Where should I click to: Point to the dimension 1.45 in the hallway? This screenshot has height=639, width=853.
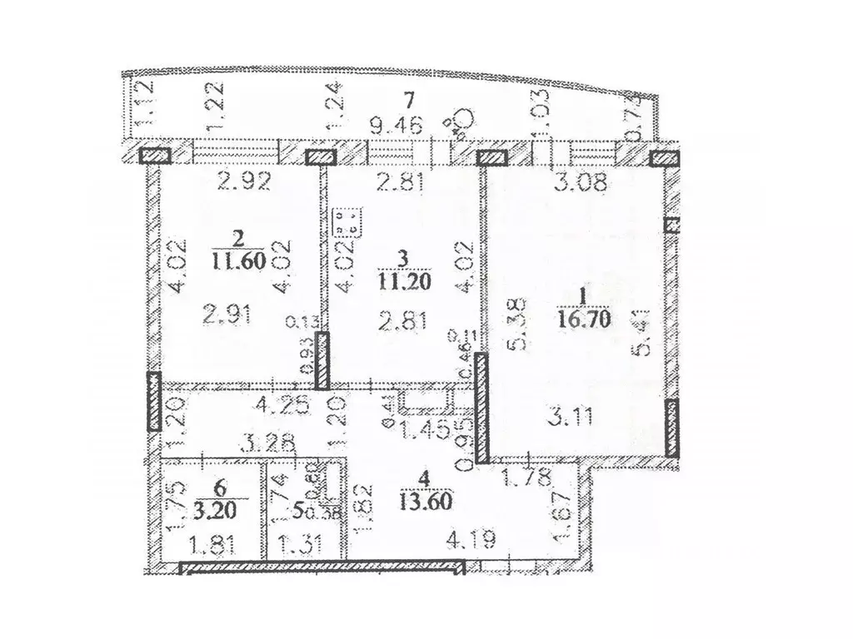tap(423, 430)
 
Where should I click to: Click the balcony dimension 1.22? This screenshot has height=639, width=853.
tap(193, 107)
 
